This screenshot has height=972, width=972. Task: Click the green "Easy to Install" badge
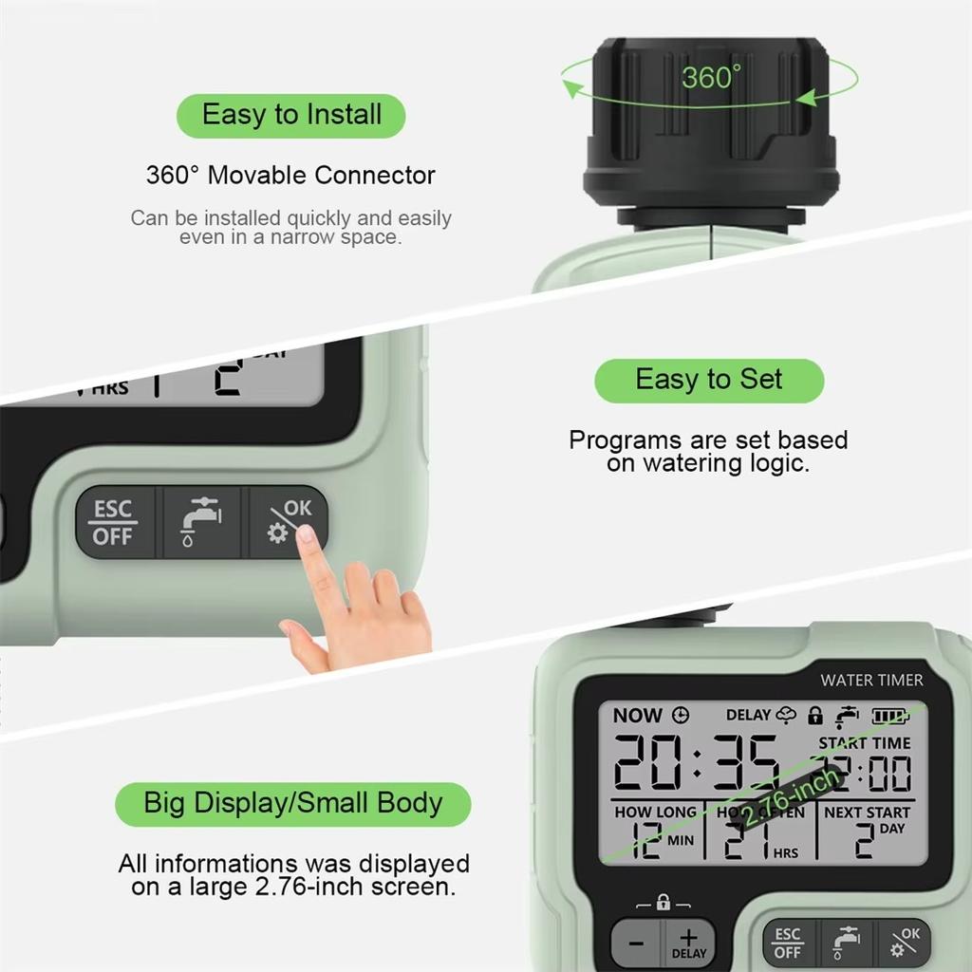pyautogui.click(x=291, y=116)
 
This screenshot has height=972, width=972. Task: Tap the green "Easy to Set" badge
pyautogui.click(x=709, y=380)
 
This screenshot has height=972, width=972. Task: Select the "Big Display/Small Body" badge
pyautogui.click(x=292, y=803)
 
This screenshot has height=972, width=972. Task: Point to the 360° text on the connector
pyautogui.click(x=710, y=77)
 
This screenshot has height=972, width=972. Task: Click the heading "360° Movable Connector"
pyautogui.click(x=290, y=176)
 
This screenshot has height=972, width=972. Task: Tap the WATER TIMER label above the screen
pyautogui.click(x=871, y=680)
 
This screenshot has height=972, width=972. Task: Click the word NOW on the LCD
pyautogui.click(x=637, y=716)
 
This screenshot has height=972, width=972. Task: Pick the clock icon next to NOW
pyautogui.click(x=680, y=716)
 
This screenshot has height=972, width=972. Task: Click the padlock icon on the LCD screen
pyautogui.click(x=814, y=715)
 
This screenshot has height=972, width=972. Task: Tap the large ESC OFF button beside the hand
pyautogui.click(x=113, y=522)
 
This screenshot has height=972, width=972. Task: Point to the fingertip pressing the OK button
pyautogui.click(x=306, y=536)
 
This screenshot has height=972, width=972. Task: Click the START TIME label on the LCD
pyautogui.click(x=864, y=743)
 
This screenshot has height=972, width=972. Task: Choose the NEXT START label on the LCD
pyautogui.click(x=867, y=813)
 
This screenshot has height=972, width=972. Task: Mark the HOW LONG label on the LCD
pyautogui.click(x=655, y=813)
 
